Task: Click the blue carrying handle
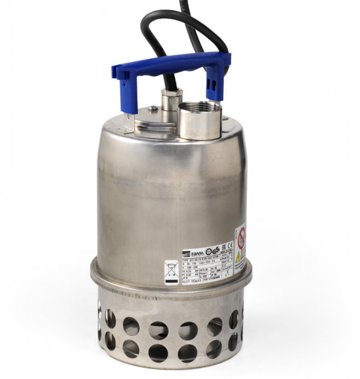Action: point(171,64)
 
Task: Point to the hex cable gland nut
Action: point(171,100)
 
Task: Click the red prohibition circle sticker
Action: point(242,238)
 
